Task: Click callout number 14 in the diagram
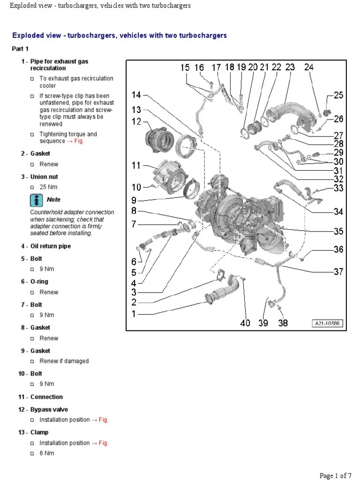[x=136, y=95]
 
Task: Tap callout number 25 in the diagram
[x=338, y=95]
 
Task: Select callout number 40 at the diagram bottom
[x=245, y=323]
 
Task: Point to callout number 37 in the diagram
[x=338, y=271]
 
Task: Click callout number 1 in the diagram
[x=134, y=314]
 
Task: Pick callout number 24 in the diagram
[x=308, y=67]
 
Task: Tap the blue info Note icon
[x=36, y=200]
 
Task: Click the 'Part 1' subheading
[x=20, y=49]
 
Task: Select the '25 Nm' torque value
[x=49, y=187]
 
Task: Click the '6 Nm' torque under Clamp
[x=47, y=453]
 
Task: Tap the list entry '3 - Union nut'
[x=39, y=177]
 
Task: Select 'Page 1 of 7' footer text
[x=336, y=475]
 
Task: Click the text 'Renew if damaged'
[x=64, y=361]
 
